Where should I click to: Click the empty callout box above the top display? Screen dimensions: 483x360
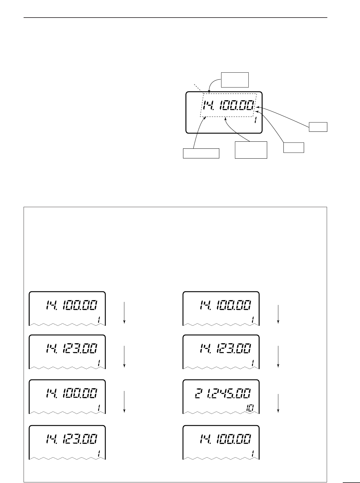tap(235, 80)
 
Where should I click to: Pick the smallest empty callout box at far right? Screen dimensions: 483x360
tap(318, 127)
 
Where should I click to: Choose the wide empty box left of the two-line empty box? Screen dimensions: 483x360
tap(201, 153)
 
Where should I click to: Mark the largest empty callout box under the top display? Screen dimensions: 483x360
tap(251, 150)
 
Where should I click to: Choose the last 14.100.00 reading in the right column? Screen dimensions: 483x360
tap(224, 438)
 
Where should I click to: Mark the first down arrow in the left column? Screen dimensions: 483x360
tap(124, 312)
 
